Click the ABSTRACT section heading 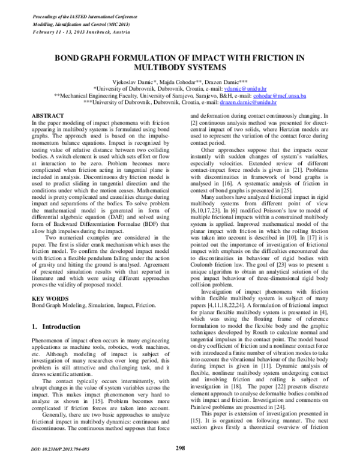[x=48, y=115]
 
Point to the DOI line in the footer [x=58, y=448]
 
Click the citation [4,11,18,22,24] [x=222, y=300]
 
